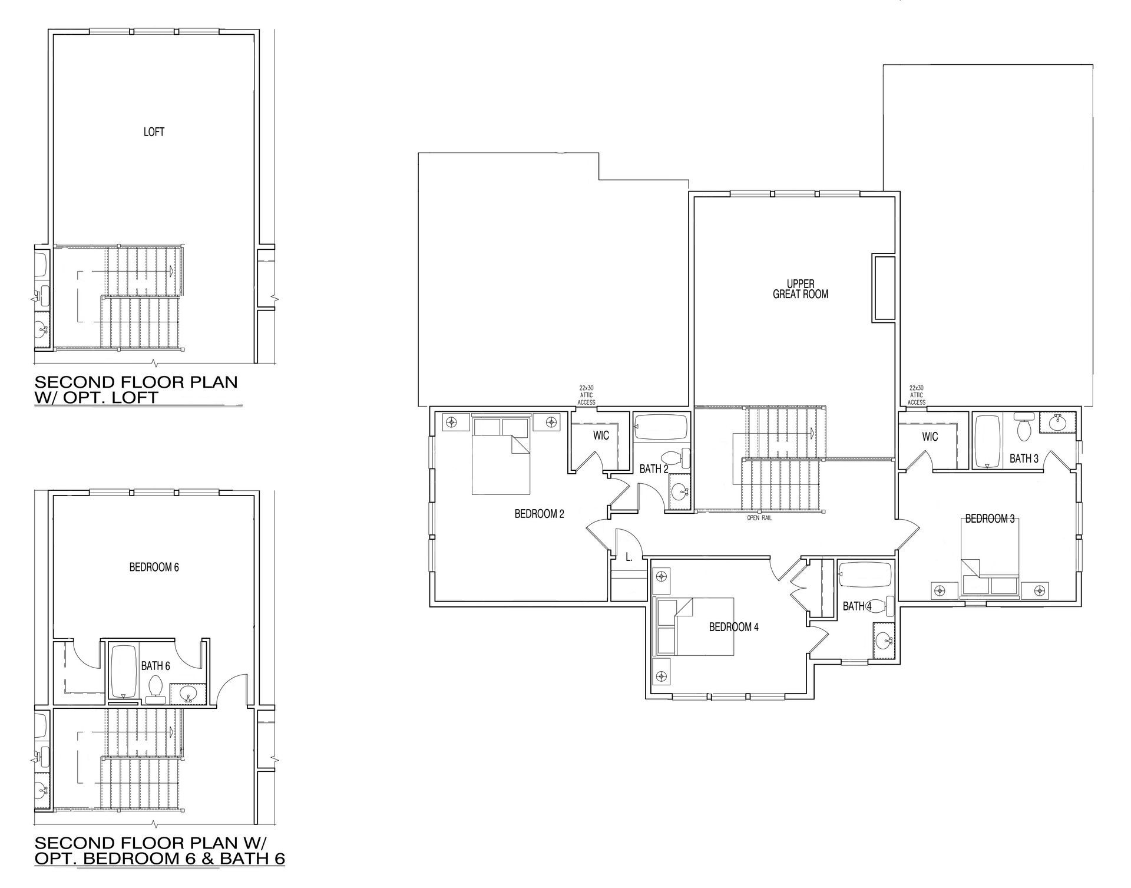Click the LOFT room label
click(x=154, y=132)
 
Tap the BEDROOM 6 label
click(x=154, y=567)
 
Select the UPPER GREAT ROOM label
click(x=801, y=289)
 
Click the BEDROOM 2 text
click(x=540, y=514)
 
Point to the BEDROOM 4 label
click(x=734, y=627)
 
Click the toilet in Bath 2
click(x=676, y=457)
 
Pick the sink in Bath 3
click(x=1059, y=422)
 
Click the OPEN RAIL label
click(x=759, y=519)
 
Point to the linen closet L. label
click(x=629, y=557)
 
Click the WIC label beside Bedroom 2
click(x=601, y=435)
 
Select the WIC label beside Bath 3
click(x=930, y=437)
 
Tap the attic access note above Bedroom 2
click(x=587, y=395)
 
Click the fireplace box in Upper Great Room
click(x=884, y=288)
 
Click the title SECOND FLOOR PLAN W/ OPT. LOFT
click(x=137, y=389)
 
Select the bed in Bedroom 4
click(x=695, y=627)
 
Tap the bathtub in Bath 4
click(x=865, y=575)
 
